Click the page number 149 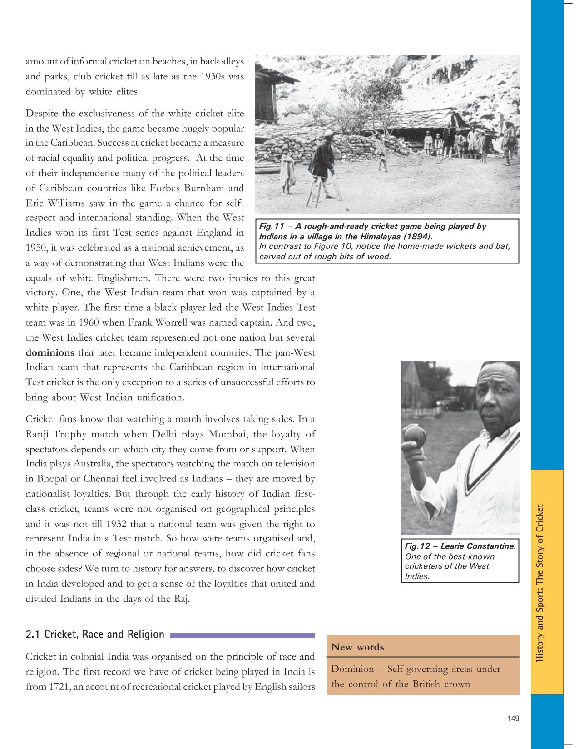click(513, 719)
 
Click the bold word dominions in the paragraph click(50, 352)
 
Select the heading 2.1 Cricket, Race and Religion click(95, 635)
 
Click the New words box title click(357, 647)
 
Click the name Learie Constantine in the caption click(478, 546)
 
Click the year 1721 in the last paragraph click(58, 686)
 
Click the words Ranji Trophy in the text click(56, 434)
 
